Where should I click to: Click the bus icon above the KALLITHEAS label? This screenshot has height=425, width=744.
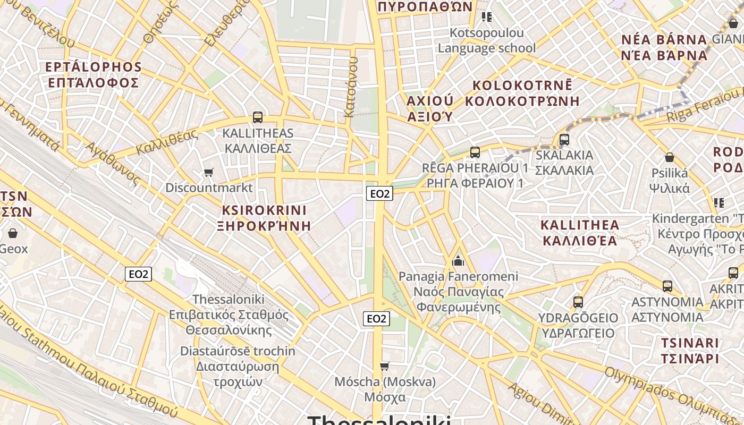coord(258,117)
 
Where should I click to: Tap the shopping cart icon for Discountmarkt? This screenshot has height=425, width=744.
coord(209,172)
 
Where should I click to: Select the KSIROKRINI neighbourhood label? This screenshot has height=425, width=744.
coord(264,210)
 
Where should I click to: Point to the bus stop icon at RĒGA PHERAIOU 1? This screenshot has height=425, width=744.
coord(475,152)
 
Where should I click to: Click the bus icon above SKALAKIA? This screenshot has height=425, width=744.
coord(564,140)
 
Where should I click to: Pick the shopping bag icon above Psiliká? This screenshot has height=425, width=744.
coord(670,157)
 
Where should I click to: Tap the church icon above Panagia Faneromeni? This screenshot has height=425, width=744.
coord(458,260)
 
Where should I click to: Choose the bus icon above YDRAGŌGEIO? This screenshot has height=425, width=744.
coord(578,302)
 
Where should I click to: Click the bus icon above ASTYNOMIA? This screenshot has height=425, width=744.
coord(667,286)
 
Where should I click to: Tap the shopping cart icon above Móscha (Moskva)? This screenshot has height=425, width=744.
coord(385,366)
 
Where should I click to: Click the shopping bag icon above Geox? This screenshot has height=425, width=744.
coord(13,233)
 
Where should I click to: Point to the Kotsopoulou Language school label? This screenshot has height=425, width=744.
coord(486,40)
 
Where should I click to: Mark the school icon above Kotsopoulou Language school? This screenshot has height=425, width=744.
coord(486,17)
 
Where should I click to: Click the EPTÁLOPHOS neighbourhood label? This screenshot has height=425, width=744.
coord(94,67)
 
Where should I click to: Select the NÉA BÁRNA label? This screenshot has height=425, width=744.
coord(664,40)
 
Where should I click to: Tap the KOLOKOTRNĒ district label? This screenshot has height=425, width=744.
coord(522,85)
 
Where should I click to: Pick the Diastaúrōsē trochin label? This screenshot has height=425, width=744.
coord(238,351)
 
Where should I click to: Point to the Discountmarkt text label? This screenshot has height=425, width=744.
coord(209,188)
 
